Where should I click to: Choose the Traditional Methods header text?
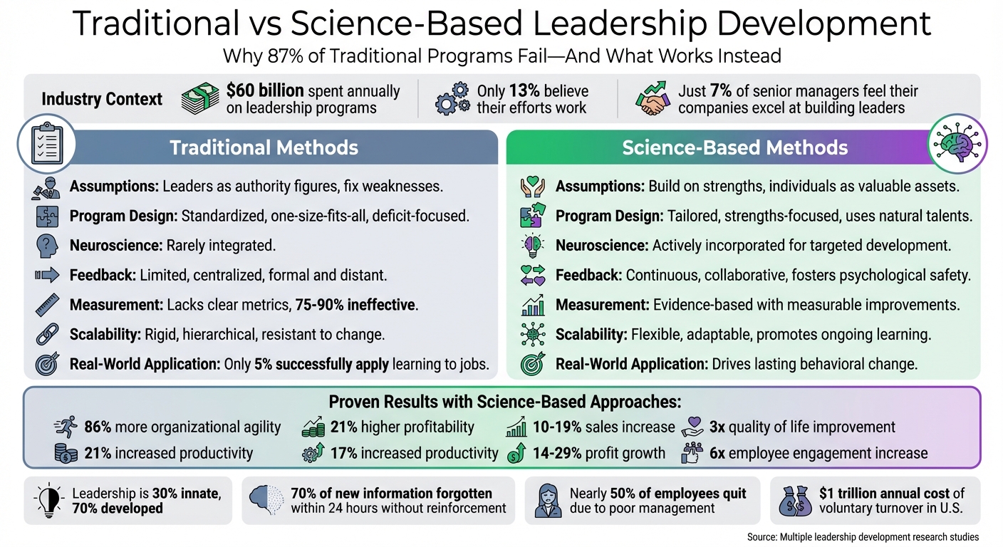click(264, 147)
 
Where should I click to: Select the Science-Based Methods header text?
click(734, 147)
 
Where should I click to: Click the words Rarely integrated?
click(220, 246)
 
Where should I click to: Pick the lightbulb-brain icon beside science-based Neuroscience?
click(533, 246)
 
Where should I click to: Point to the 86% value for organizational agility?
click(98, 427)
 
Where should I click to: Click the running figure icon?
click(66, 427)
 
